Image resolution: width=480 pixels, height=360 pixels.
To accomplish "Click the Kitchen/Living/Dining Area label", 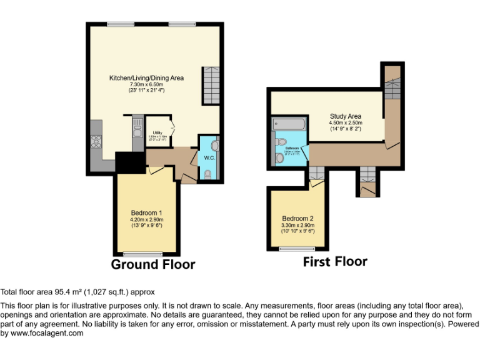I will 146,78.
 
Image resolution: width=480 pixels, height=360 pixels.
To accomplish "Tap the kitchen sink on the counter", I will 136,132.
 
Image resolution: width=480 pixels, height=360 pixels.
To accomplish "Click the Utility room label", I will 157,132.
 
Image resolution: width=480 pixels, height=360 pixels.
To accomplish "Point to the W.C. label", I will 209,157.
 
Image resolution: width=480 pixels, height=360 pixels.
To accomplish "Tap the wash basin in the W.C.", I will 214,145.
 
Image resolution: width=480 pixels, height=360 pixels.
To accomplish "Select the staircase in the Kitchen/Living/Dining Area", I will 210,86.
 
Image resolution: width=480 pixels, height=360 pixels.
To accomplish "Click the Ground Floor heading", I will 152,264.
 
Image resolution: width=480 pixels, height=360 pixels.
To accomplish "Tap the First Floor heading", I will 335,261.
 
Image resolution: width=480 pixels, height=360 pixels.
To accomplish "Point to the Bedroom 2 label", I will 297,219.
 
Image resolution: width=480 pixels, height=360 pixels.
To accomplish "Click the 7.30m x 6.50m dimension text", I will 146,84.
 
